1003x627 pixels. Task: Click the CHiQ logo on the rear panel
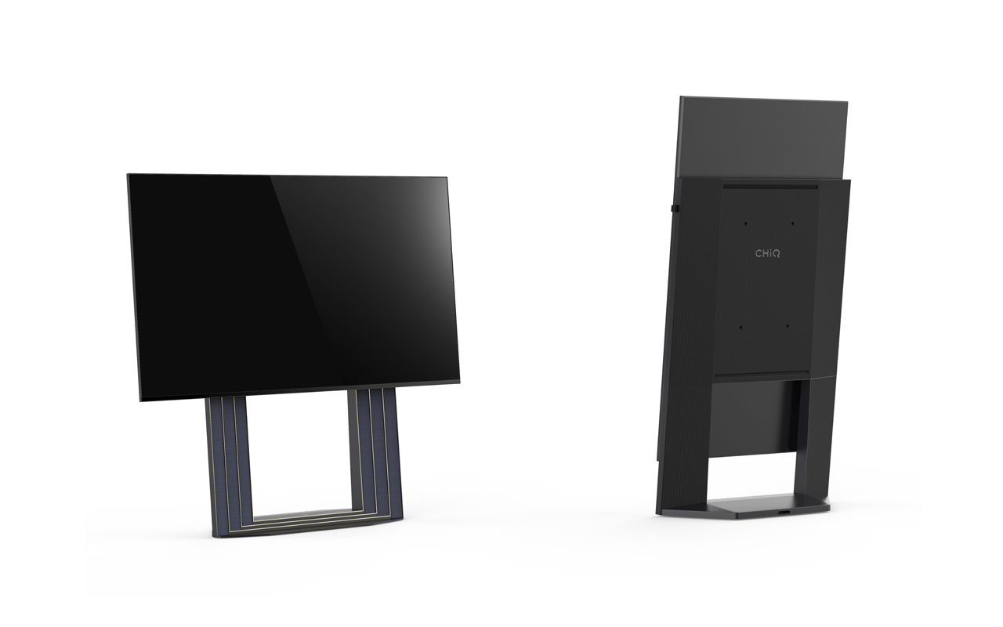[767, 253]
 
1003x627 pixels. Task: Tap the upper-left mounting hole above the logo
[745, 223]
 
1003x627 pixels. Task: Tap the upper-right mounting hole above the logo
[792, 223]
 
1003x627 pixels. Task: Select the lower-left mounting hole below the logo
[740, 328]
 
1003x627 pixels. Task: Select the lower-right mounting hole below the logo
[788, 326]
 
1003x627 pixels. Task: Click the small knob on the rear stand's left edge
[675, 208]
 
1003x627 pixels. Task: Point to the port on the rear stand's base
[784, 512]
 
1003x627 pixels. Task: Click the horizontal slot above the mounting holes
[770, 187]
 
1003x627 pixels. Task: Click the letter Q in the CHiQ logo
[776, 254]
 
